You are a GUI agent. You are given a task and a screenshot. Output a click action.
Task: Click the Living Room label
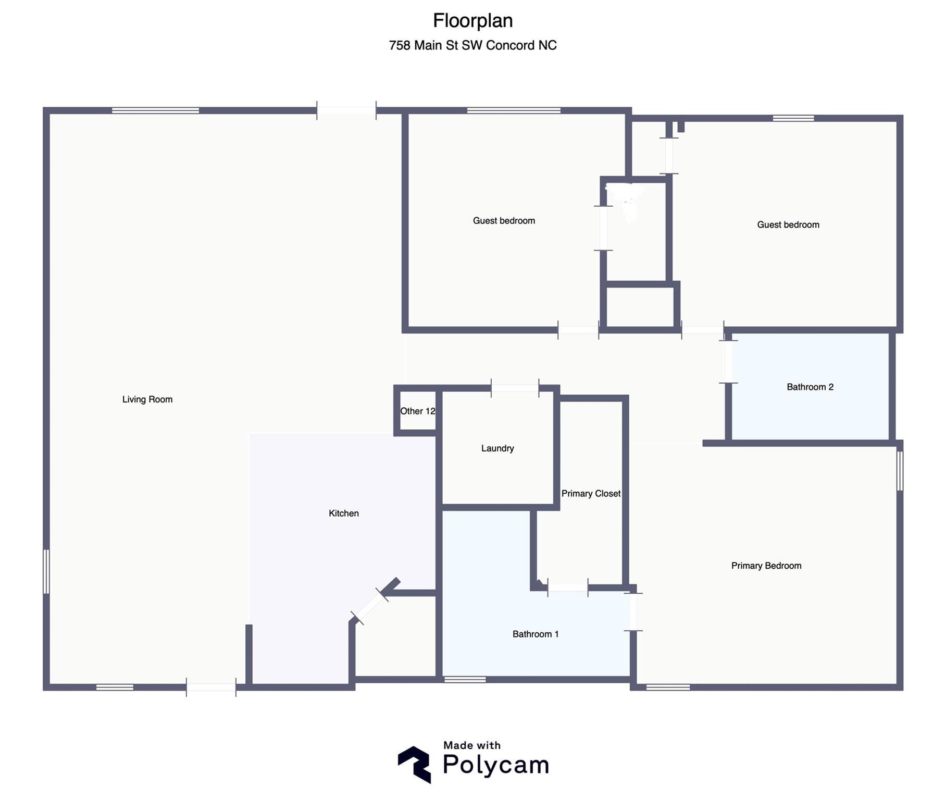pos(147,399)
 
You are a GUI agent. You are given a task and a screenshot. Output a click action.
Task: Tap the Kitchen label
pos(344,513)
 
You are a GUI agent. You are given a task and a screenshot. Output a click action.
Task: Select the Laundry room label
pos(497,448)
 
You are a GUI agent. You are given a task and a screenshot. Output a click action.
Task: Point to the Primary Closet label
pos(591,494)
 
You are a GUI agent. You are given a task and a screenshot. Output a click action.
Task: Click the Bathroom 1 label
pos(536,634)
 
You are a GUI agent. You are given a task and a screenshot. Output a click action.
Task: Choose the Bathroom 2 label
pos(810,387)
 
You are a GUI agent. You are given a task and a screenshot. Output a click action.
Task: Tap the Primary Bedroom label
pos(766,566)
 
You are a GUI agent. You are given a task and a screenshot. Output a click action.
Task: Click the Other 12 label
pos(418,411)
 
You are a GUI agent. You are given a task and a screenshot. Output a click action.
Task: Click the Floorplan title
pos(473,21)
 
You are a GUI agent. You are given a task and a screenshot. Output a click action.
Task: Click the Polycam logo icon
pos(415,764)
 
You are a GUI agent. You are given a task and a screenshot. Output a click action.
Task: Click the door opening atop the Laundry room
pos(515,388)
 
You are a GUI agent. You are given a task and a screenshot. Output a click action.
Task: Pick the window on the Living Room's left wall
pos(46,571)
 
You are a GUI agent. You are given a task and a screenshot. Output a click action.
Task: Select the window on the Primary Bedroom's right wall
pos(900,471)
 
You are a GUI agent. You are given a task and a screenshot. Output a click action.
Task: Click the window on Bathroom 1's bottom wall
pos(465,679)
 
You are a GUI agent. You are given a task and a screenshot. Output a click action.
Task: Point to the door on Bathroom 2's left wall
pos(728,361)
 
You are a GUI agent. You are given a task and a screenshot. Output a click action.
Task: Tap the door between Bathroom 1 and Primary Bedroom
pos(633,612)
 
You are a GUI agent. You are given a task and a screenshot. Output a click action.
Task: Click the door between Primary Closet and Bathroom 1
pos(568,587)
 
